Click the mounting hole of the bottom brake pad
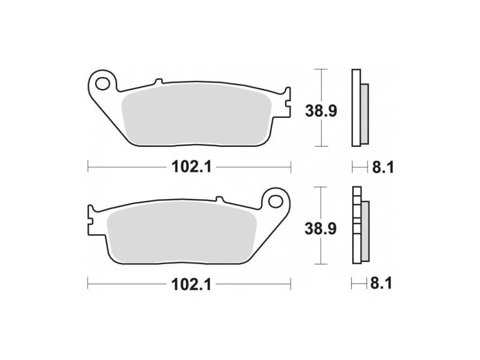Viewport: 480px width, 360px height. (275, 202)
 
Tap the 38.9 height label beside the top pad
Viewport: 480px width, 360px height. (321, 111)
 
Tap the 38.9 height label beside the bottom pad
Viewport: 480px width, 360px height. (321, 229)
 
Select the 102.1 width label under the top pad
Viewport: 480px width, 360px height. (191, 167)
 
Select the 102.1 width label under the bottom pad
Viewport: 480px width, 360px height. (191, 285)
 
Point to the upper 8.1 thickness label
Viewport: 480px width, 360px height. (382, 167)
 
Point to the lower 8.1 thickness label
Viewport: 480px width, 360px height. (381, 284)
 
